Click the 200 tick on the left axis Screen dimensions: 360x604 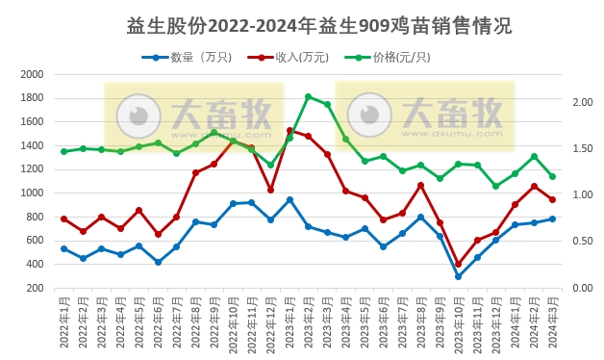[36, 288]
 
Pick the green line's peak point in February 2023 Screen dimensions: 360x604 [308, 96]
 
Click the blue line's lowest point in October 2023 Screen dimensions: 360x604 [458, 276]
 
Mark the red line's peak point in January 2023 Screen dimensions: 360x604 [289, 130]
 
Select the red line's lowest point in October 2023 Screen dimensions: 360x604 [458, 264]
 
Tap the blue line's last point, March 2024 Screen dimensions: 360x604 [552, 219]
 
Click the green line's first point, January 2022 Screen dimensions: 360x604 [63, 151]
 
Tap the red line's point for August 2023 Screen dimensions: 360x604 [420, 185]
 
